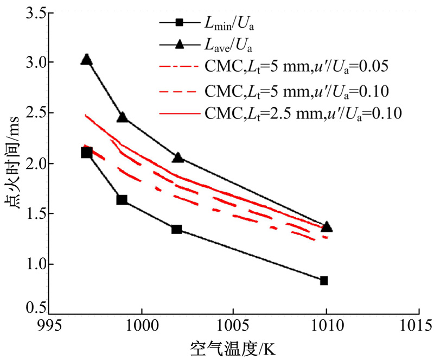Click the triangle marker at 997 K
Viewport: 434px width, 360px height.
click(86, 60)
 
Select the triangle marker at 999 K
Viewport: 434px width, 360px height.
click(123, 117)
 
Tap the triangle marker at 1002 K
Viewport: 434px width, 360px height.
click(178, 157)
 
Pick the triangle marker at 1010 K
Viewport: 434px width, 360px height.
click(327, 226)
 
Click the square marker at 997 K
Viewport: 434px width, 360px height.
click(86, 153)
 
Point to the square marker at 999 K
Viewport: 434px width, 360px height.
click(122, 200)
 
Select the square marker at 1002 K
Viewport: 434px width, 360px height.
click(177, 229)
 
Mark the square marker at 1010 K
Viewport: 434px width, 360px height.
click(324, 281)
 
